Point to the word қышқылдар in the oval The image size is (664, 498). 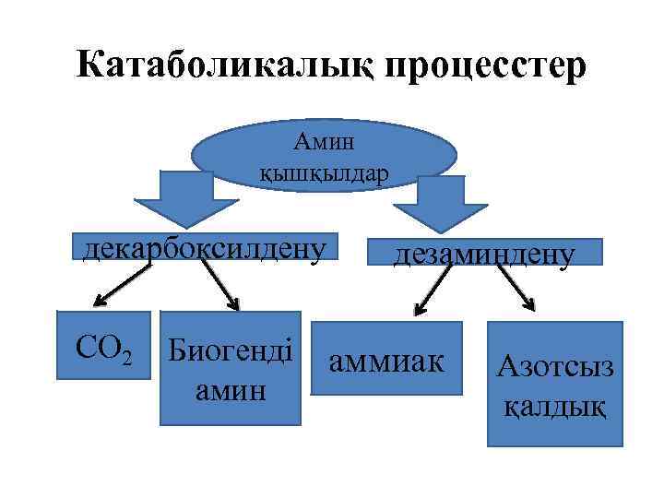tap(325, 172)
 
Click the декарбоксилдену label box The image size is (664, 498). tap(205, 248)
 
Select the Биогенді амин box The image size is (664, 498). tap(231, 368)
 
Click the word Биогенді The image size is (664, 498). tap(231, 353)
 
